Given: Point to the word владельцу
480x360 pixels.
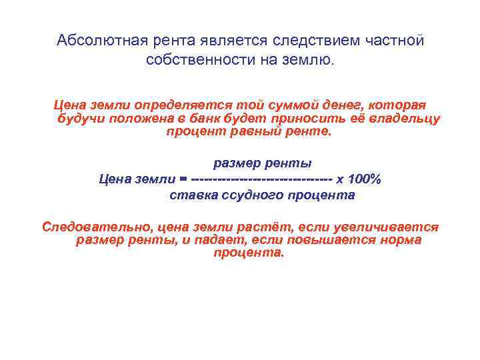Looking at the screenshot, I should click(405, 119).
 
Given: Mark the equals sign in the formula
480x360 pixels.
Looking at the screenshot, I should click(183, 179).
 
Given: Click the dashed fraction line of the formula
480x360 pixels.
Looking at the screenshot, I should click(261, 179).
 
